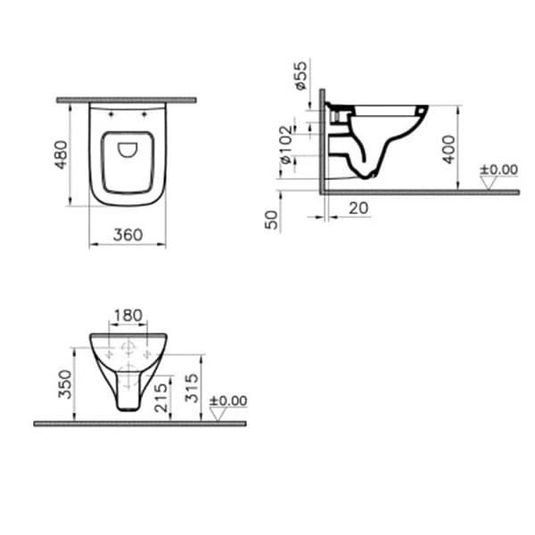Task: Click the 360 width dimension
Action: point(128,235)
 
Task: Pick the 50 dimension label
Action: point(272,219)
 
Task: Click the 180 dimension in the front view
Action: point(128,317)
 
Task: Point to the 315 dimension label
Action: point(190,387)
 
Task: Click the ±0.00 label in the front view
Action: point(227,401)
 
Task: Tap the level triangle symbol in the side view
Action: point(487,183)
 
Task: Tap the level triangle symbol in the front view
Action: point(217,415)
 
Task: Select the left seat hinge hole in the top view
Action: point(111,114)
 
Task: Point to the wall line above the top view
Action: point(128,100)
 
